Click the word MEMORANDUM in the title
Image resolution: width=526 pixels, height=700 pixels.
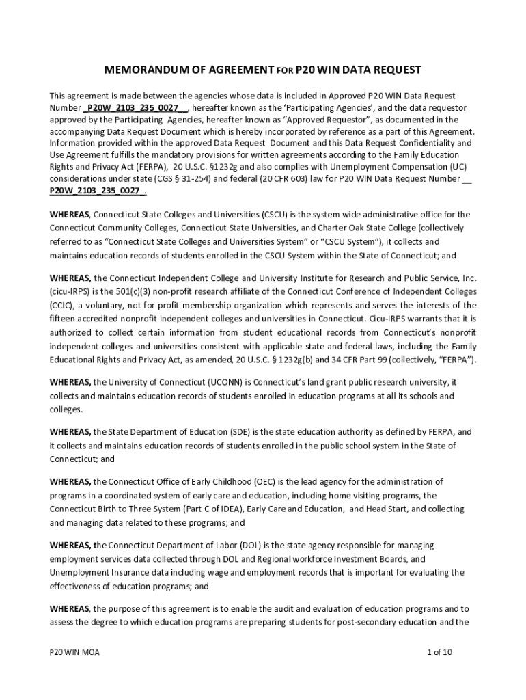[x=137, y=70]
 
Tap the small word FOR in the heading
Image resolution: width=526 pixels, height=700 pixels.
[x=285, y=71]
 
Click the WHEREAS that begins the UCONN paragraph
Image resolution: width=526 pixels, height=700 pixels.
[x=70, y=382]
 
